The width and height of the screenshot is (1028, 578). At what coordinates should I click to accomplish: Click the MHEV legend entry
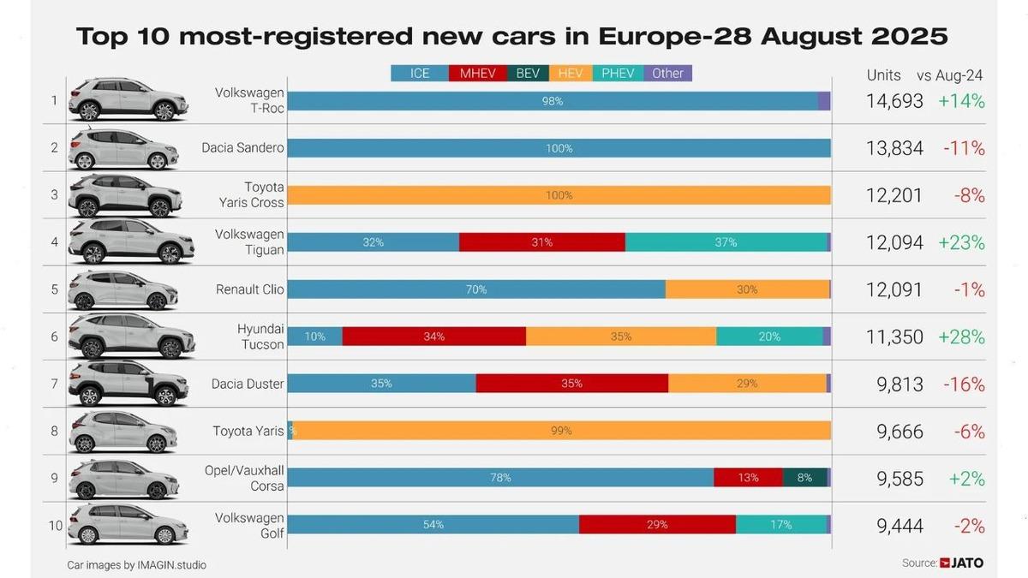477,74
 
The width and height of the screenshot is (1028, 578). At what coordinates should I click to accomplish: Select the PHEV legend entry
618,74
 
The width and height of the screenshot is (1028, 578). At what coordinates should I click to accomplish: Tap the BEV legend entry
528,74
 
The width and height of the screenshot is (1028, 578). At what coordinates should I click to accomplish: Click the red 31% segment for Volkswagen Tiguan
541,242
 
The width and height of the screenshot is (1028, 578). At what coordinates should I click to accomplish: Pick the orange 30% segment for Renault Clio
747,289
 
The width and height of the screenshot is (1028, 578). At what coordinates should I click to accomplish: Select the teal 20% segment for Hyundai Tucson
769,337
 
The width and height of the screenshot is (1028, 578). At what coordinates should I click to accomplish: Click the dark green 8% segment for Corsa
804,478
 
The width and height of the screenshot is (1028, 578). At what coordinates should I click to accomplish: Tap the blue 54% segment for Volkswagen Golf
433,525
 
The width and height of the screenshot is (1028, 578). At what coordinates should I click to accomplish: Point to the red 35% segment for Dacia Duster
571,384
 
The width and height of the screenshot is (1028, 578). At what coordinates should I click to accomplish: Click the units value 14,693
894,101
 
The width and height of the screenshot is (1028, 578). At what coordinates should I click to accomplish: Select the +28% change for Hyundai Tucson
961,337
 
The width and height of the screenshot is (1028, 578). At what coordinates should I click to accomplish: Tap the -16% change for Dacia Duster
964,384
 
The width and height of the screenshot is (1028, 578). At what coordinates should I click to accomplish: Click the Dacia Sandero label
242,148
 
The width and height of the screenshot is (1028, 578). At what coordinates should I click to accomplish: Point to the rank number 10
56,525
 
